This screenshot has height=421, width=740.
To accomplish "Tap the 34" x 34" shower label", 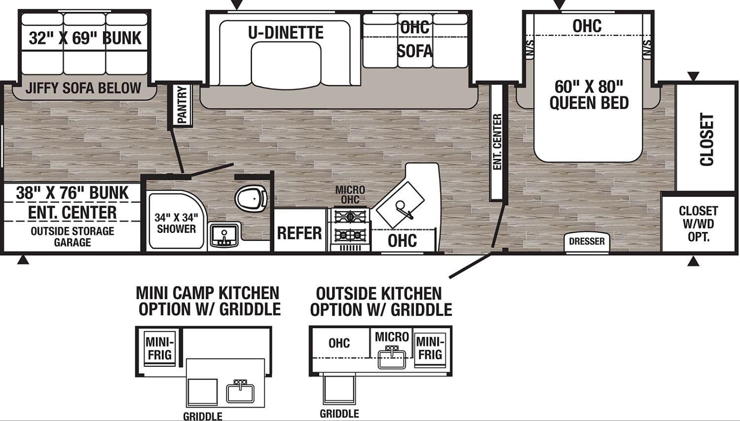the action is (x=176, y=223).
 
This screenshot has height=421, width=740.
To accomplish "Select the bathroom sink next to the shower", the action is (x=224, y=234).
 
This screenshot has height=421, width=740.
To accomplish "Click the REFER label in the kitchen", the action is (x=299, y=233).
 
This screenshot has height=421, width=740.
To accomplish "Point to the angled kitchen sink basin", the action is (x=400, y=205).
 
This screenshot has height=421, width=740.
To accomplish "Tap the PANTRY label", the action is (x=182, y=105).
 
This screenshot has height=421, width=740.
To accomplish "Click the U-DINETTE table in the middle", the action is (x=286, y=66).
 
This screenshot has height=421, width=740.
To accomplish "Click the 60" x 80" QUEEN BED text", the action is (x=589, y=95).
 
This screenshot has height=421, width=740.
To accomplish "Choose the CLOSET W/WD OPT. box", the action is (x=699, y=224).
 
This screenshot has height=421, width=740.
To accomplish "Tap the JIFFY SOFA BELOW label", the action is (x=83, y=88).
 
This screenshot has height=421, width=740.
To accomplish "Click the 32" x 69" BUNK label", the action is (x=85, y=38).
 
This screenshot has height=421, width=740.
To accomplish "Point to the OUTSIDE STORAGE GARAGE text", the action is (x=73, y=236).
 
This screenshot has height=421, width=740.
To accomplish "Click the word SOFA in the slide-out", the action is (x=414, y=51).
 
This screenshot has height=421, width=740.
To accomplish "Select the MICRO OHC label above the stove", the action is (x=350, y=194).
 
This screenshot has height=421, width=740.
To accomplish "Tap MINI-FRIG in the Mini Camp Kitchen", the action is (x=159, y=348).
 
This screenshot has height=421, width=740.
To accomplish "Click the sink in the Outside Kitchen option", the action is (x=392, y=359).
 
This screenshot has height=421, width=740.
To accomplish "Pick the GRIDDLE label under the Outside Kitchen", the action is (x=339, y=414).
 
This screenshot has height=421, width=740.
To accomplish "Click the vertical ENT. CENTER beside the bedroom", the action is (x=497, y=142).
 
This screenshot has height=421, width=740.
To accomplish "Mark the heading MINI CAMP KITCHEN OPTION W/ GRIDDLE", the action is (x=209, y=301).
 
